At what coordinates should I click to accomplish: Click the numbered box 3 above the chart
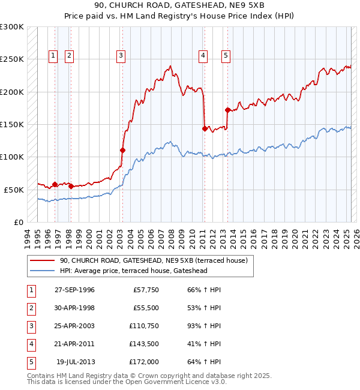[x=121, y=56]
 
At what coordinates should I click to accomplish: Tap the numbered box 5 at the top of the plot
[x=226, y=56]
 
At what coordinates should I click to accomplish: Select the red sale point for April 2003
[x=122, y=150]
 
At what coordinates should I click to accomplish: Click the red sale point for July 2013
[x=227, y=110]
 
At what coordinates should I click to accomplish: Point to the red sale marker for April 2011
[x=205, y=128]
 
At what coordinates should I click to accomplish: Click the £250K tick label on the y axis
[x=12, y=59]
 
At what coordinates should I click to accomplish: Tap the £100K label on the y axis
[x=12, y=157]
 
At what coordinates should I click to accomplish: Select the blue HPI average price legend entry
[x=142, y=271]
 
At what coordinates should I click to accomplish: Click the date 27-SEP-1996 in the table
[x=74, y=290]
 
